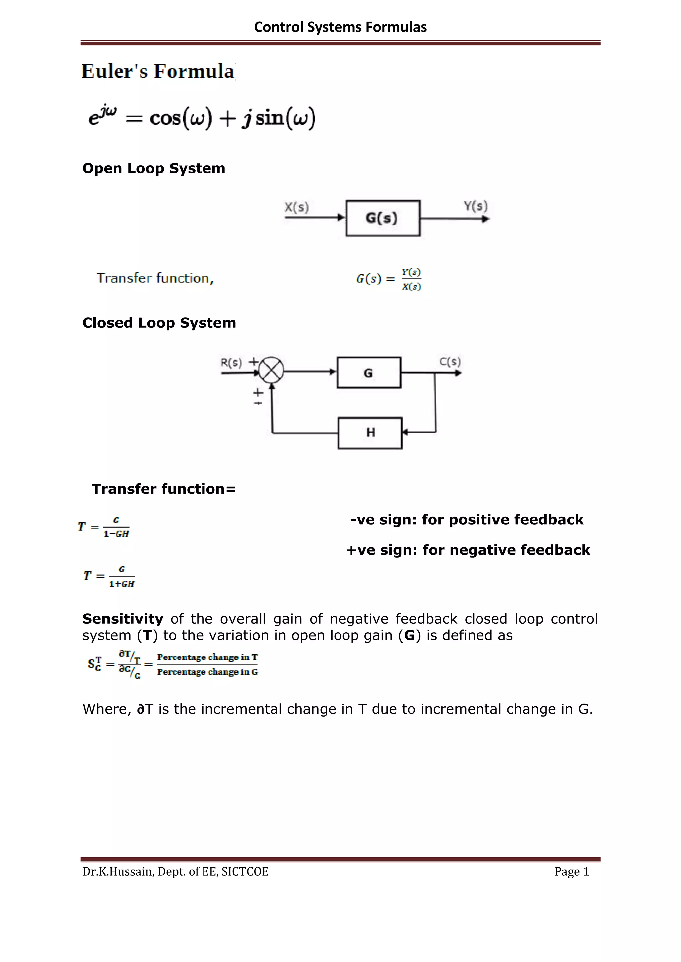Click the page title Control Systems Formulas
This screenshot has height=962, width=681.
340,27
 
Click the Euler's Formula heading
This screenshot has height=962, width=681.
158,71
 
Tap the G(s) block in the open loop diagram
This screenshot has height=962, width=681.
382,218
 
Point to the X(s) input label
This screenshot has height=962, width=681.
297,207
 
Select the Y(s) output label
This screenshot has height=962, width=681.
476,206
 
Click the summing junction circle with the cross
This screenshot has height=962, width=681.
271,370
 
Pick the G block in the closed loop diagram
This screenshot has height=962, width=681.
368,372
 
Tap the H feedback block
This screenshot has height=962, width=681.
370,433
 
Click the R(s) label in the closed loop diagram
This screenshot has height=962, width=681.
231,362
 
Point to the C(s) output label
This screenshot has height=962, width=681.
450,362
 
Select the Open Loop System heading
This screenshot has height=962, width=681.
154,168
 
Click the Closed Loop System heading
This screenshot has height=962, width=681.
159,323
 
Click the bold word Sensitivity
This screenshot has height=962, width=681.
122,619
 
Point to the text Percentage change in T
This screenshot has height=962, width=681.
207,657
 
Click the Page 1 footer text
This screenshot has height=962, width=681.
572,872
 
